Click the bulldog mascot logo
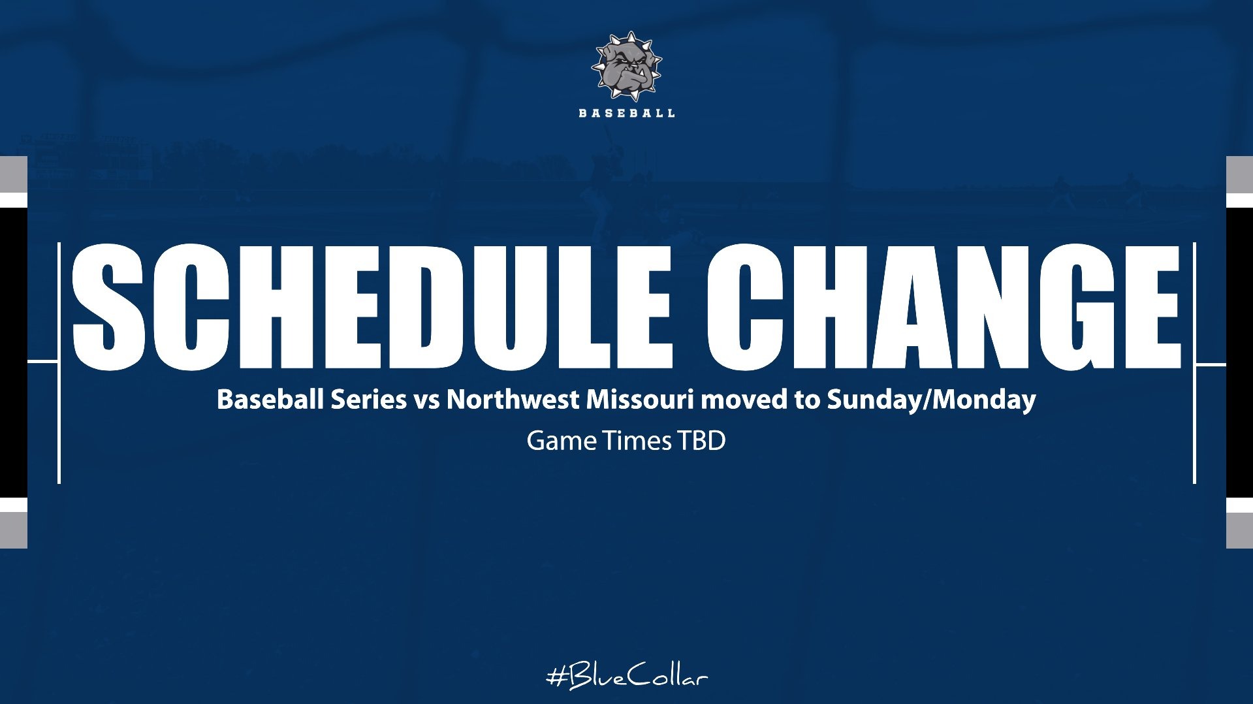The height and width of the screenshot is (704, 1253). click(627, 67)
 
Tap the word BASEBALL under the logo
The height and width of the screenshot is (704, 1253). click(627, 113)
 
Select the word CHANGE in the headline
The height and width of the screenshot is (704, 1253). click(944, 307)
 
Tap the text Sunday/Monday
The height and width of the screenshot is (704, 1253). click(931, 399)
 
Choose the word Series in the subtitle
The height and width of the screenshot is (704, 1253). click(368, 399)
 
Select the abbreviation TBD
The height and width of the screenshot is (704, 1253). click(701, 441)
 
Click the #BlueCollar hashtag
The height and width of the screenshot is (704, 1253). click(627, 677)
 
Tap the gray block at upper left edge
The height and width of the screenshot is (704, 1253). click(13, 174)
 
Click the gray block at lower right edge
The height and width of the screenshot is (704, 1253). click(1239, 530)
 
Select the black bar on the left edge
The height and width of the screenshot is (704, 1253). click(13, 353)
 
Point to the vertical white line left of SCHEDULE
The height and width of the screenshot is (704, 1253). click(59, 363)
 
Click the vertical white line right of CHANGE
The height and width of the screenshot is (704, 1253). click(1194, 363)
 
